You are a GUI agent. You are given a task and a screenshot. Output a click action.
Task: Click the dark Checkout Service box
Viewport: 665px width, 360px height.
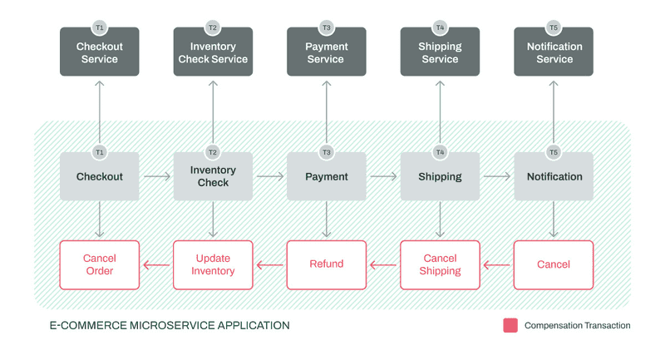[x=99, y=52]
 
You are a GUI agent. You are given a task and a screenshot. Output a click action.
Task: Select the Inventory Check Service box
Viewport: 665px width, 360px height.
[x=213, y=52]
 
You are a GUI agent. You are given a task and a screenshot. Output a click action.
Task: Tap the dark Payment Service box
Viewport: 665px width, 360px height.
[x=326, y=52]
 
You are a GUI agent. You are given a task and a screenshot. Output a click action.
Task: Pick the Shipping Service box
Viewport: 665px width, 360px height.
[x=440, y=52]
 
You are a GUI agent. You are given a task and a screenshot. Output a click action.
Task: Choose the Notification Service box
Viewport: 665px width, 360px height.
[x=554, y=52]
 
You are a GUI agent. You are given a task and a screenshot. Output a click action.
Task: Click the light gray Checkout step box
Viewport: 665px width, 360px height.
[x=99, y=176]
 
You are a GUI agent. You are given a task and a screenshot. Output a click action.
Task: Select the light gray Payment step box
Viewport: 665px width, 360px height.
[x=326, y=176]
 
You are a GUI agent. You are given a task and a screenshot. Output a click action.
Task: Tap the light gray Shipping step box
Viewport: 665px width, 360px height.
[x=440, y=176]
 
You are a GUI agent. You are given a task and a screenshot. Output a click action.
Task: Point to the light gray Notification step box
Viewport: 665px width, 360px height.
[x=554, y=176]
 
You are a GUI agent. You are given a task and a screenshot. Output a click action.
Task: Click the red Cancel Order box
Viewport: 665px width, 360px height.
[x=99, y=264]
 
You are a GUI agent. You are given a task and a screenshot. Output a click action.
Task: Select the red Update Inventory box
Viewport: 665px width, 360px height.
[x=213, y=264]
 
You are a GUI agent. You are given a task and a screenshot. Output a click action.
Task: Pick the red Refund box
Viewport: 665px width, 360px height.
[x=326, y=264]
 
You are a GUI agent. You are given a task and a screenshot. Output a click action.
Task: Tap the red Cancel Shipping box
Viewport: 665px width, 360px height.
[x=440, y=264]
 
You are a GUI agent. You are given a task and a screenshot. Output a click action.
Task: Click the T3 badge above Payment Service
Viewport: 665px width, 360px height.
[x=326, y=27]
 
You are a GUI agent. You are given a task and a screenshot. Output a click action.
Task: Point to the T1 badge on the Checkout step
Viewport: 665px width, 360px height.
[x=99, y=152]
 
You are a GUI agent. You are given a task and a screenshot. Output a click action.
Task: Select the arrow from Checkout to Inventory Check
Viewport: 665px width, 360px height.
[x=156, y=176]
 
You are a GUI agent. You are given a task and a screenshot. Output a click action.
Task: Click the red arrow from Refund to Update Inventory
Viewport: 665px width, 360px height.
[x=269, y=265]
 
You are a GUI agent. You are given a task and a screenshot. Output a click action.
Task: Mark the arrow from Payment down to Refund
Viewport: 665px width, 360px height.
[x=326, y=219]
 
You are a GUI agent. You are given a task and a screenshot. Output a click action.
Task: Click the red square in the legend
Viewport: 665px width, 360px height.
[x=510, y=325]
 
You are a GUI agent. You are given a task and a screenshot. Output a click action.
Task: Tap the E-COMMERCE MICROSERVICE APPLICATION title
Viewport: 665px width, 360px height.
[x=170, y=325]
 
